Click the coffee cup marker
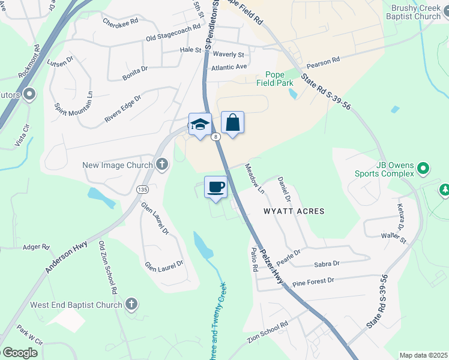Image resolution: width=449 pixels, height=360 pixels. click(216, 187)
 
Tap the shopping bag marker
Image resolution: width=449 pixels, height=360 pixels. click(232, 122)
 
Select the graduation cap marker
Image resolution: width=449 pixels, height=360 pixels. click(200, 124)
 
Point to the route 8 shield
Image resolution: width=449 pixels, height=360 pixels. click(215, 137)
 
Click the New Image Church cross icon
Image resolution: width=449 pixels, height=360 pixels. click(161, 164)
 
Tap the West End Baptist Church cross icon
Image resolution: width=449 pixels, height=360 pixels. click(132, 304)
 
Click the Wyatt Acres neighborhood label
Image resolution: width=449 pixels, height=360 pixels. click(294, 211)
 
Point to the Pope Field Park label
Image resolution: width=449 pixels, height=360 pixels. click(275, 79)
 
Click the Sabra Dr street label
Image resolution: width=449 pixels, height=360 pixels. click(327, 264)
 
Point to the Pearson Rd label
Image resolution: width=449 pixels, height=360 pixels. click(323, 61)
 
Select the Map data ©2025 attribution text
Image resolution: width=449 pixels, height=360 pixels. click(423, 355)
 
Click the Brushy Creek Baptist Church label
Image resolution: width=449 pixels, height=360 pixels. click(415, 12)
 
